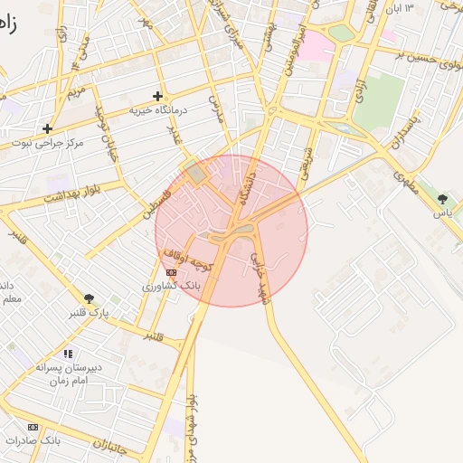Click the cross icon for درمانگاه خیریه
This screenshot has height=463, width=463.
158,95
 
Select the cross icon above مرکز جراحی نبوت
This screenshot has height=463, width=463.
47,128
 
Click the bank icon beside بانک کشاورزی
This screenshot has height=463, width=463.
172,272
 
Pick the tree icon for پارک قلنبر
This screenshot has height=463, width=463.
89,298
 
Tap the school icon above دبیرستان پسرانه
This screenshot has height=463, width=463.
67,354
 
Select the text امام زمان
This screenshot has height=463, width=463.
67,382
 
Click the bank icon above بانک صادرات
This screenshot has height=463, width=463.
33,427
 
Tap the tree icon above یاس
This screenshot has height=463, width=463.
442,198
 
